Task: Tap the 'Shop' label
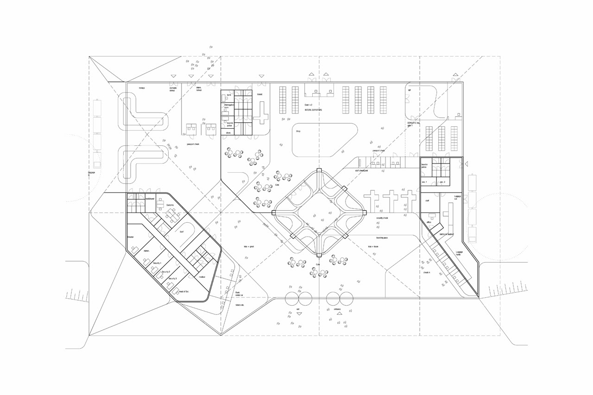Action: [299, 131]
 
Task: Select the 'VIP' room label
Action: [410, 90]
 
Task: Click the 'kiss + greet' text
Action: [249, 246]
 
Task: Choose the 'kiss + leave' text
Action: [374, 246]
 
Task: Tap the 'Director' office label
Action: [131, 237]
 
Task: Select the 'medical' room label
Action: [202, 277]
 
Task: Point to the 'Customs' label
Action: [170, 205]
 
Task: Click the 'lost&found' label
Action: [150, 199]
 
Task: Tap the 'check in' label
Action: [427, 272]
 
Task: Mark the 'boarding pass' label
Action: [382, 238]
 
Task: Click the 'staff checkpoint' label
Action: [361, 171]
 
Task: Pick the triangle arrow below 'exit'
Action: [299, 313]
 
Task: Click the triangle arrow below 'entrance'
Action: [339, 313]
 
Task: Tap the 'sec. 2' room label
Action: [442, 182]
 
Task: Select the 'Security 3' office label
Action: [173, 278]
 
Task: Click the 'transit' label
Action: [259, 94]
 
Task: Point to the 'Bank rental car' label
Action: [239, 294]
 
